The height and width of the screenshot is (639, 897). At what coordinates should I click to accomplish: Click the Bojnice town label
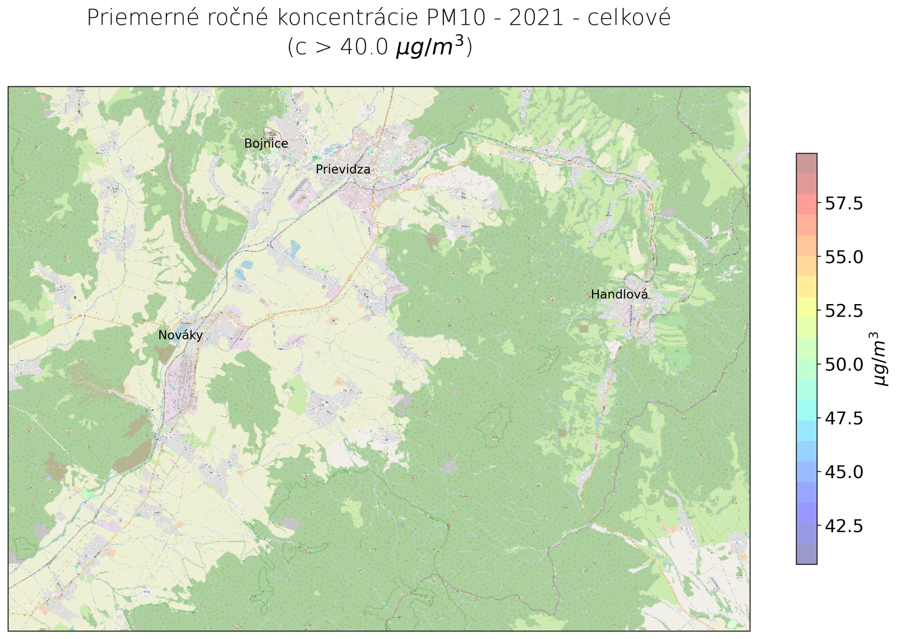tap(266, 144)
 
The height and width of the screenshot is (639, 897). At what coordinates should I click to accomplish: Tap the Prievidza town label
tap(343, 169)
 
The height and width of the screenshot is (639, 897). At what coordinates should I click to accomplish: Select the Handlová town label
tap(619, 295)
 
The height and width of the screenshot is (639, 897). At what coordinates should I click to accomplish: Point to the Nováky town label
tap(180, 335)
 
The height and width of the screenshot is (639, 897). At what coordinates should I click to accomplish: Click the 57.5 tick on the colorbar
tap(844, 203)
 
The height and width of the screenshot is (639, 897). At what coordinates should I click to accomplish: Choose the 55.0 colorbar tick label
tap(844, 257)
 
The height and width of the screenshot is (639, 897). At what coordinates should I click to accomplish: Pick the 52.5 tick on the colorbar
tap(844, 310)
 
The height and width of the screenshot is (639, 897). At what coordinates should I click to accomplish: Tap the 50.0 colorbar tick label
tap(844, 365)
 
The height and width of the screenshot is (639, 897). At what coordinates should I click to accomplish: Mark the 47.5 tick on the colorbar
tap(844, 418)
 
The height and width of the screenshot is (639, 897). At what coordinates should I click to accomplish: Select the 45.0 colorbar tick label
tap(844, 472)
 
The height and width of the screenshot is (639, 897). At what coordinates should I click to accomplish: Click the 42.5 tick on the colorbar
tap(844, 526)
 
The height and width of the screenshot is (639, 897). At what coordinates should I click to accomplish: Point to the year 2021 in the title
tap(536, 18)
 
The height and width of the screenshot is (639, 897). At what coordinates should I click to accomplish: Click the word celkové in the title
tap(628, 18)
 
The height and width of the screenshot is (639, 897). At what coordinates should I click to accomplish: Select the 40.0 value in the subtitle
tap(364, 47)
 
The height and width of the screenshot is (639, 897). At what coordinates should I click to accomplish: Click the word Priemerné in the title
tap(143, 18)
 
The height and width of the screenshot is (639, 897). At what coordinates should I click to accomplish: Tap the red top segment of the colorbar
tap(806, 163)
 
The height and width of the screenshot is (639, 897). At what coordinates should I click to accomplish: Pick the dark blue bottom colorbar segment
tap(806, 554)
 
